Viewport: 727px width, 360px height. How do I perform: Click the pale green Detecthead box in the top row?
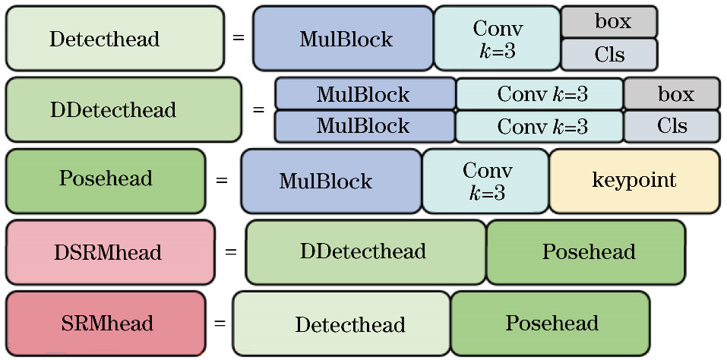115,38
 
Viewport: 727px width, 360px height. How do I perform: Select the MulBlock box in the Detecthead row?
343,38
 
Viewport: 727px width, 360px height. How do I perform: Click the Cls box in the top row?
608,55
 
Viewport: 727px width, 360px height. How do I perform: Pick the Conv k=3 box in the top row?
497,38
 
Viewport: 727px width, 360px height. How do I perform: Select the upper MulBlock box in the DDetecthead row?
365,94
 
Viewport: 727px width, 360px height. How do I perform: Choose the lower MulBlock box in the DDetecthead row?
365,126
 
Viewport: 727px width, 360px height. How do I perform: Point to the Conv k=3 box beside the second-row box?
539,94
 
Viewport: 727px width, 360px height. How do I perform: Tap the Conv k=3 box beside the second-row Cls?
539,126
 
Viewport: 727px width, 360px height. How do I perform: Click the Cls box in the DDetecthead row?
672,126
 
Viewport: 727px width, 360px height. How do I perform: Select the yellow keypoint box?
634,181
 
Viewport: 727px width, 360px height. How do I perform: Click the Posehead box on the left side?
106,180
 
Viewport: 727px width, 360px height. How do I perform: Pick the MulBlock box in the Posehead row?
331,181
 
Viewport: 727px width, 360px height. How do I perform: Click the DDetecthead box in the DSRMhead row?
365,251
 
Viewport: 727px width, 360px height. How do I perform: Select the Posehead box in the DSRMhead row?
586,251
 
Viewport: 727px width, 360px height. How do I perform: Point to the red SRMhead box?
106,324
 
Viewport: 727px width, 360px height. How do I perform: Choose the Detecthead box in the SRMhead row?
342,324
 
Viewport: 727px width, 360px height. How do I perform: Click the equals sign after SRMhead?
220,323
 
